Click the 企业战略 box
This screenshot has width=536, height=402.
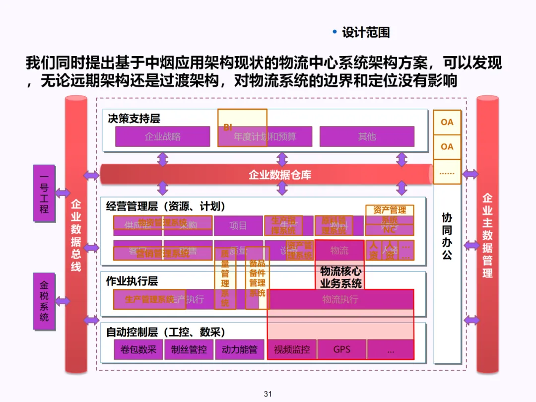click(162, 136)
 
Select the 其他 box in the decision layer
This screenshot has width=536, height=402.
click(367, 136)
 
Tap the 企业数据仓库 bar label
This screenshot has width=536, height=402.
click(280, 175)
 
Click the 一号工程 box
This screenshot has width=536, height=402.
click(44, 193)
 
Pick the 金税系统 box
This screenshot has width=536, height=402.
click(44, 301)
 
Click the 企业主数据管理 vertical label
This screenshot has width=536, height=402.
click(487, 235)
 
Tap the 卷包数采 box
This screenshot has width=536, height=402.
click(138, 349)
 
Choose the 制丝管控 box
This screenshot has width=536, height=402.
click(189, 349)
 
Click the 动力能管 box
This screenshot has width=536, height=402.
click(240, 349)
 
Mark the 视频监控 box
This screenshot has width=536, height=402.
click(292, 349)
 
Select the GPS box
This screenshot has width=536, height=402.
click(341, 349)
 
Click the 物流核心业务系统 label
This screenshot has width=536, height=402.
click(340, 277)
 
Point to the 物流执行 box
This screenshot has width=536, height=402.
click(340, 299)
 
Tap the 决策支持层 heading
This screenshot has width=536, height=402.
click(134, 119)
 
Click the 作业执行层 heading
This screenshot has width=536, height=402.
click(132, 281)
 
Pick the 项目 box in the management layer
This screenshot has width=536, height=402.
click(238, 226)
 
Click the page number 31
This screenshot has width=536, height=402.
click(268, 394)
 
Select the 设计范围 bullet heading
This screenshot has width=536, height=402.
click(366, 33)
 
